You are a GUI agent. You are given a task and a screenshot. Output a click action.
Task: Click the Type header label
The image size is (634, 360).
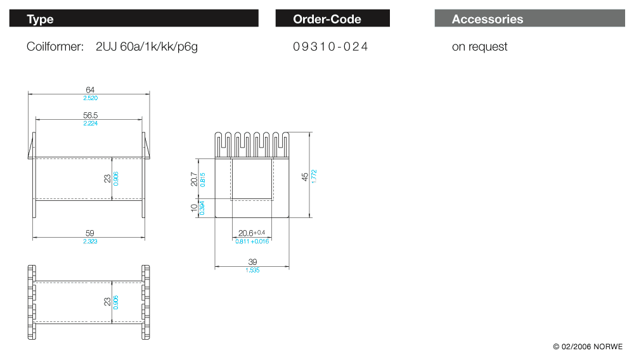click(40, 19)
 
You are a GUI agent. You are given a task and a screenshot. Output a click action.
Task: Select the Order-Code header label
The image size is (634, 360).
click(327, 19)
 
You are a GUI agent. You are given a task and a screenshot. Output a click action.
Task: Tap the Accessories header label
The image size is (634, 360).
click(488, 19)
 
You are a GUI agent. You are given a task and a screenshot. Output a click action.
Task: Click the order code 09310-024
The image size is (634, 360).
click(330, 47)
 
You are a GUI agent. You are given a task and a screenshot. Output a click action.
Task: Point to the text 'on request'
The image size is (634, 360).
click(479, 47)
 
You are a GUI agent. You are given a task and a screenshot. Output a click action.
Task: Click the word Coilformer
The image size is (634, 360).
click(55, 47)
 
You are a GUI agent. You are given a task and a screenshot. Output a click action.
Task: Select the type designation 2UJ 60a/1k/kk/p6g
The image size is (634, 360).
click(146, 47)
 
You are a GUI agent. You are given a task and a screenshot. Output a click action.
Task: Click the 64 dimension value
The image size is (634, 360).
click(90, 90)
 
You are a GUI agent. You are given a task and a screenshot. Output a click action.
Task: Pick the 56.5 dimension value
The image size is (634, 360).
click(90, 115)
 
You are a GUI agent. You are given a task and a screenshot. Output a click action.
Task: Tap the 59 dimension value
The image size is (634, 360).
click(90, 233)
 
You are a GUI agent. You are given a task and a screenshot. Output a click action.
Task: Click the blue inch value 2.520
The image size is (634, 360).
click(90, 98)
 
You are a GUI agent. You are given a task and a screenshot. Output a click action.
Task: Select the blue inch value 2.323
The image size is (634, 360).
click(90, 241)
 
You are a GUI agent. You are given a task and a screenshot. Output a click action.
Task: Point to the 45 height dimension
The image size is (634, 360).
click(305, 176)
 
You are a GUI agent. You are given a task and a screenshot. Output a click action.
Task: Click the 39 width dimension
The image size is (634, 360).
click(252, 262)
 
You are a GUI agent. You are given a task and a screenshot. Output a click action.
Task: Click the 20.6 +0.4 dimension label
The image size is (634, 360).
click(252, 233)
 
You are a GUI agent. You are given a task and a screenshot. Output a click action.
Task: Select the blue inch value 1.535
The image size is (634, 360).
click(252, 270)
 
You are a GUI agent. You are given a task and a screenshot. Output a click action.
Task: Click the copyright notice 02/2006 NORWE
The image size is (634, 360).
click(588, 347)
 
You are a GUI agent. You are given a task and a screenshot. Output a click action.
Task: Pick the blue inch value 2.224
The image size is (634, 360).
click(90, 124)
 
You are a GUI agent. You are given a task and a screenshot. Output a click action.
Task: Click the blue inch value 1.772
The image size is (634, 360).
click(314, 176)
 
